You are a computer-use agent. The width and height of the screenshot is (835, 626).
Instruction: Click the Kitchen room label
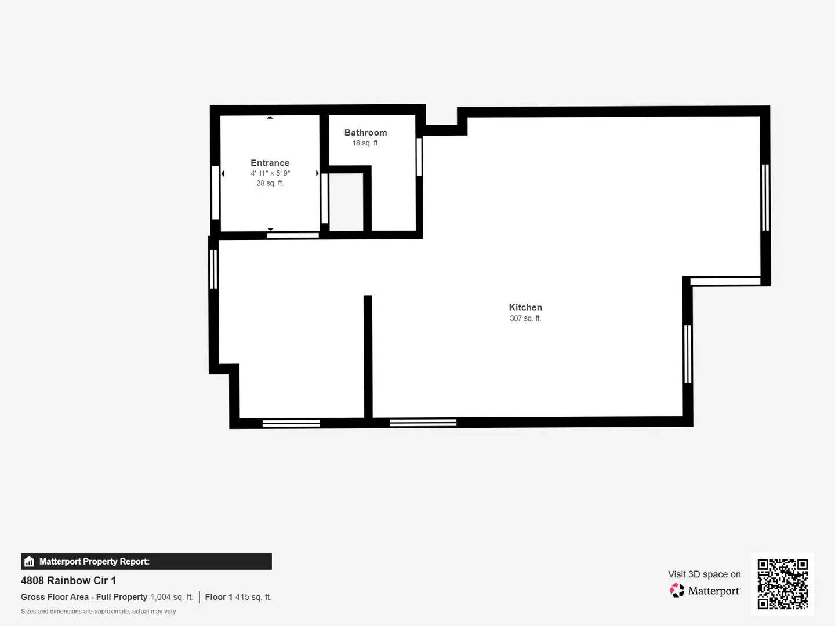[x=525, y=307]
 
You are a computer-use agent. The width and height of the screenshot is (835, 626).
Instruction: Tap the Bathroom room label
[x=365, y=133]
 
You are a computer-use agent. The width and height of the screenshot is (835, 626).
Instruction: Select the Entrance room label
[x=270, y=163]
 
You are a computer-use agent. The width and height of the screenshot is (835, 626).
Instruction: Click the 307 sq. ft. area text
[x=525, y=318]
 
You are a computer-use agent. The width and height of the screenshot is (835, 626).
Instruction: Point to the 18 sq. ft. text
[x=365, y=143]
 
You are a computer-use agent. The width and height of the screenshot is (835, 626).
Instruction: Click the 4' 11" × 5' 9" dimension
[x=270, y=173]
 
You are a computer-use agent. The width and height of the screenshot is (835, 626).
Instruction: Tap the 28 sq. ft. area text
[x=270, y=183]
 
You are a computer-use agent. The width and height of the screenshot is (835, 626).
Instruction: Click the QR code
[x=782, y=584]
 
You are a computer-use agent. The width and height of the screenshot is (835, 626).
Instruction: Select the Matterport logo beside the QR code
[x=705, y=591]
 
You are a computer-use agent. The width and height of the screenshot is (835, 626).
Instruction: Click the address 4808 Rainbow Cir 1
[x=68, y=580]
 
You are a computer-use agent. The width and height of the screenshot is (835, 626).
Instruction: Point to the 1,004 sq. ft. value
[x=171, y=597]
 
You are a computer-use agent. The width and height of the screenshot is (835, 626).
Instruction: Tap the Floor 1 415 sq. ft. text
[x=238, y=597]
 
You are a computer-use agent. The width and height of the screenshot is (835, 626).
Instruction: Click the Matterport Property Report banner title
[x=94, y=561]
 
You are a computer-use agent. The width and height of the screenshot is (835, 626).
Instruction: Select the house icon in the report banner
[x=29, y=561]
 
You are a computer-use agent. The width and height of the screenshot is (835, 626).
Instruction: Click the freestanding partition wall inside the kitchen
[x=368, y=356]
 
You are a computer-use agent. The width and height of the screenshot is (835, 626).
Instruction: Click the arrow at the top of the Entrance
[x=270, y=118]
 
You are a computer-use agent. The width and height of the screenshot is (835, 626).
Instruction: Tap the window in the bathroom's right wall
[x=419, y=156]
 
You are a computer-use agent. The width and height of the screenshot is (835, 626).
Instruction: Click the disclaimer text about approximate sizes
[x=99, y=612]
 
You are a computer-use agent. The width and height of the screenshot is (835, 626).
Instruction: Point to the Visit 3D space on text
[x=704, y=574]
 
